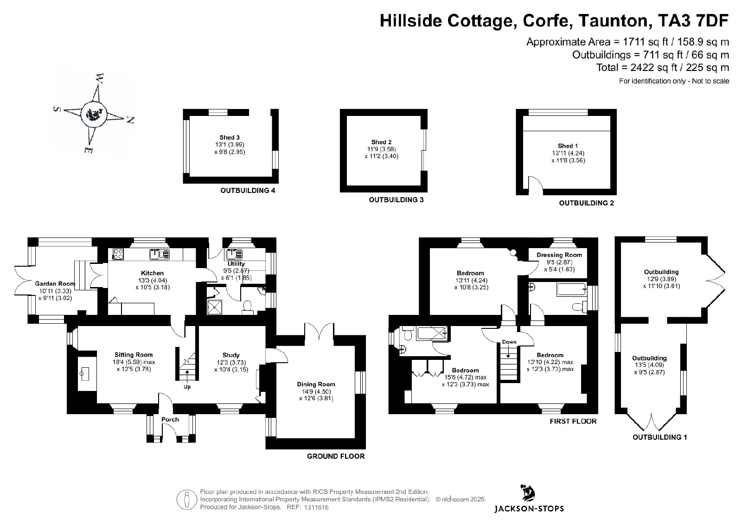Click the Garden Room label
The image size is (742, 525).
click(x=55, y=283)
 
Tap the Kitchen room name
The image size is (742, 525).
click(x=153, y=273)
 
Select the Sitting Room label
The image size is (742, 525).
click(x=134, y=355)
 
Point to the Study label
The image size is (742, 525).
click(x=231, y=355)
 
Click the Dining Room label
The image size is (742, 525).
click(x=316, y=384)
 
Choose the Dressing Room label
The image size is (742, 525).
click(x=559, y=255)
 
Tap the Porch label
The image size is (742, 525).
click(x=170, y=419)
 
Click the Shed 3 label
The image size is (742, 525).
click(x=230, y=137)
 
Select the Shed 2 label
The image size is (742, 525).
click(x=381, y=142)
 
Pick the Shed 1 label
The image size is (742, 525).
click(x=568, y=146)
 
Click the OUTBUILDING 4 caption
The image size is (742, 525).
click(x=248, y=191)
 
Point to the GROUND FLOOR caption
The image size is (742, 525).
click(x=336, y=456)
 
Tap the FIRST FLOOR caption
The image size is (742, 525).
click(x=573, y=421)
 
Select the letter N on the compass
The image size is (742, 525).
click(x=130, y=120)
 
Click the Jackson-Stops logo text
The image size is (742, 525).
click(x=529, y=508)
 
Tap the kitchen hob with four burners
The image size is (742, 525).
click(x=118, y=254)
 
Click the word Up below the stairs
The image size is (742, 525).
click(x=187, y=387)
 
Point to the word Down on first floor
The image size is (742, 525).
click(x=509, y=342)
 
